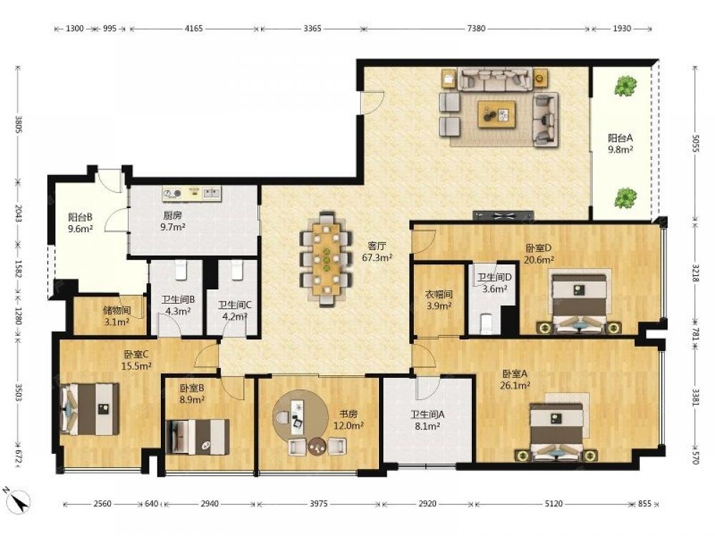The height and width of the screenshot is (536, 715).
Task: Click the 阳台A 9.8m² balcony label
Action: pos(620,143)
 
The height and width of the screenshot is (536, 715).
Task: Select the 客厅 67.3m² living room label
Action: pos(377,252)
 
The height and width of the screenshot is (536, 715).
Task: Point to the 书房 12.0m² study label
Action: pos(348,420)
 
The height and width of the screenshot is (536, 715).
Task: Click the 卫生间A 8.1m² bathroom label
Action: pos(428,420)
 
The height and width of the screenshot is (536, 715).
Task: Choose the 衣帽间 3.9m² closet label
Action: pos(439,300)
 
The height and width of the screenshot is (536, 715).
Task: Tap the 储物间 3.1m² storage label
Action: pos(117,316)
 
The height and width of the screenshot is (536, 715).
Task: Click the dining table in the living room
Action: pos(326,259)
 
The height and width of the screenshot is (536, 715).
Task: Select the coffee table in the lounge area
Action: pos(497,114)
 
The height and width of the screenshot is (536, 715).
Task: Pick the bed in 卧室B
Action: pos(198,437)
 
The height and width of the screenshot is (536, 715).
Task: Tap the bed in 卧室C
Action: pos(89,408)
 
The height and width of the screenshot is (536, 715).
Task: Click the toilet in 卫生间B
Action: pos(181,269)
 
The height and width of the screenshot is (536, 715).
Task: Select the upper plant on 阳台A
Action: pos(624,86)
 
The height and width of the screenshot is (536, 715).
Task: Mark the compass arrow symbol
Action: pos(19,500)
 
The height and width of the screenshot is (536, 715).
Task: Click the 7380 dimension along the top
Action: pos(476,29)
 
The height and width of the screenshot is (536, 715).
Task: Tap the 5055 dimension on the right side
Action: pos(696,143)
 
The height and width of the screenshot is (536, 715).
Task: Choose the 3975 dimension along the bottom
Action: pos(318,504)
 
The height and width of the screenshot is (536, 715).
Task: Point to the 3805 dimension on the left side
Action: pos(19,124)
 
